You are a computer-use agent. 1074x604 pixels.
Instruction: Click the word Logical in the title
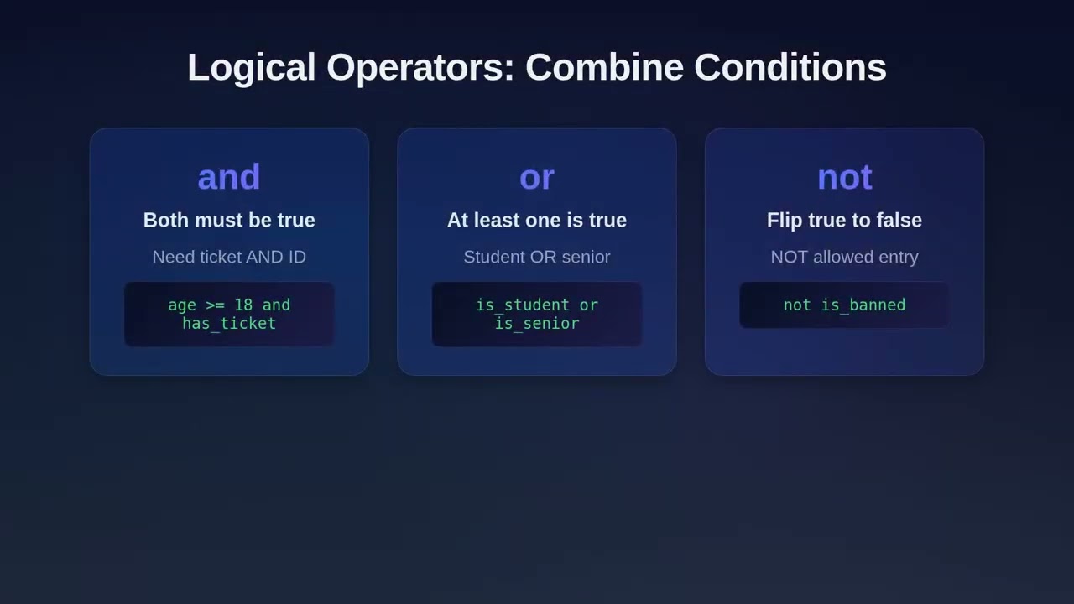(x=251, y=67)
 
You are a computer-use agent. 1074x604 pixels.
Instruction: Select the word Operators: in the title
(x=420, y=67)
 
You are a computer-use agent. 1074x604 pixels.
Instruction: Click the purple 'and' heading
(x=229, y=177)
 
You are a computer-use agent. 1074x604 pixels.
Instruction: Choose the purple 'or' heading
(x=537, y=177)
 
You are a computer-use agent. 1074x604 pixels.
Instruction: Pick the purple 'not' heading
(x=844, y=177)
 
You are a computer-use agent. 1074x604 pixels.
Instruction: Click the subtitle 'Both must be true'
(x=229, y=220)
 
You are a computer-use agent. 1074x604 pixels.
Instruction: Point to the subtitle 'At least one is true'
(x=537, y=220)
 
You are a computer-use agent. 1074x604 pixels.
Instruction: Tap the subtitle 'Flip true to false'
(x=844, y=220)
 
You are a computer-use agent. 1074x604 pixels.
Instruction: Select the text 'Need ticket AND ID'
(x=229, y=257)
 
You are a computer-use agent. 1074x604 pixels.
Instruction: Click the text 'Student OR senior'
(x=537, y=257)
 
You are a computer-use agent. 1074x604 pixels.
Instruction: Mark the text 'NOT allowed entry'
(x=844, y=257)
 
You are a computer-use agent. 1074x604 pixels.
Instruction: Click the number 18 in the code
(x=243, y=305)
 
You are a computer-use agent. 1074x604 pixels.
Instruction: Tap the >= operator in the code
(x=215, y=305)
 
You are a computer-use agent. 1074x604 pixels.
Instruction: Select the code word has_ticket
(x=229, y=323)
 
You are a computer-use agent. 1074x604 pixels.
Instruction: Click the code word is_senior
(x=537, y=323)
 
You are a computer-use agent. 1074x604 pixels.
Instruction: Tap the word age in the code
(x=182, y=305)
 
